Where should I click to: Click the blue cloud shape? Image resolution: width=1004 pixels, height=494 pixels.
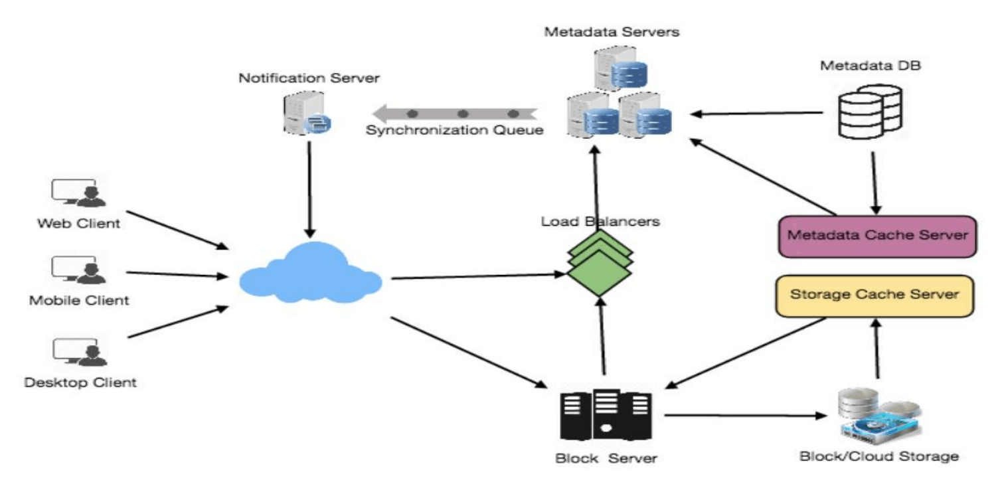pos(311,274)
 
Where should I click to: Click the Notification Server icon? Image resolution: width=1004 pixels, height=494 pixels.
pos(306,114)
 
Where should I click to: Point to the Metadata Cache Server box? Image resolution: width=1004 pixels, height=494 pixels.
pos(877,236)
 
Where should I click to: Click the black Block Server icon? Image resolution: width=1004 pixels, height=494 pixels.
pos(606,415)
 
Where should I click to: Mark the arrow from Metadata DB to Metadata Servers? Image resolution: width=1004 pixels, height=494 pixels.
pos(757,114)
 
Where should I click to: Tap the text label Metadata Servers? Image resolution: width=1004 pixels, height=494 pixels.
pos(612,31)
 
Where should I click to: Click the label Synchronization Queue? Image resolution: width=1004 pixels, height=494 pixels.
pos(455,130)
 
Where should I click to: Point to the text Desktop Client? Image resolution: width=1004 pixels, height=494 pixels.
pos(80,382)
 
